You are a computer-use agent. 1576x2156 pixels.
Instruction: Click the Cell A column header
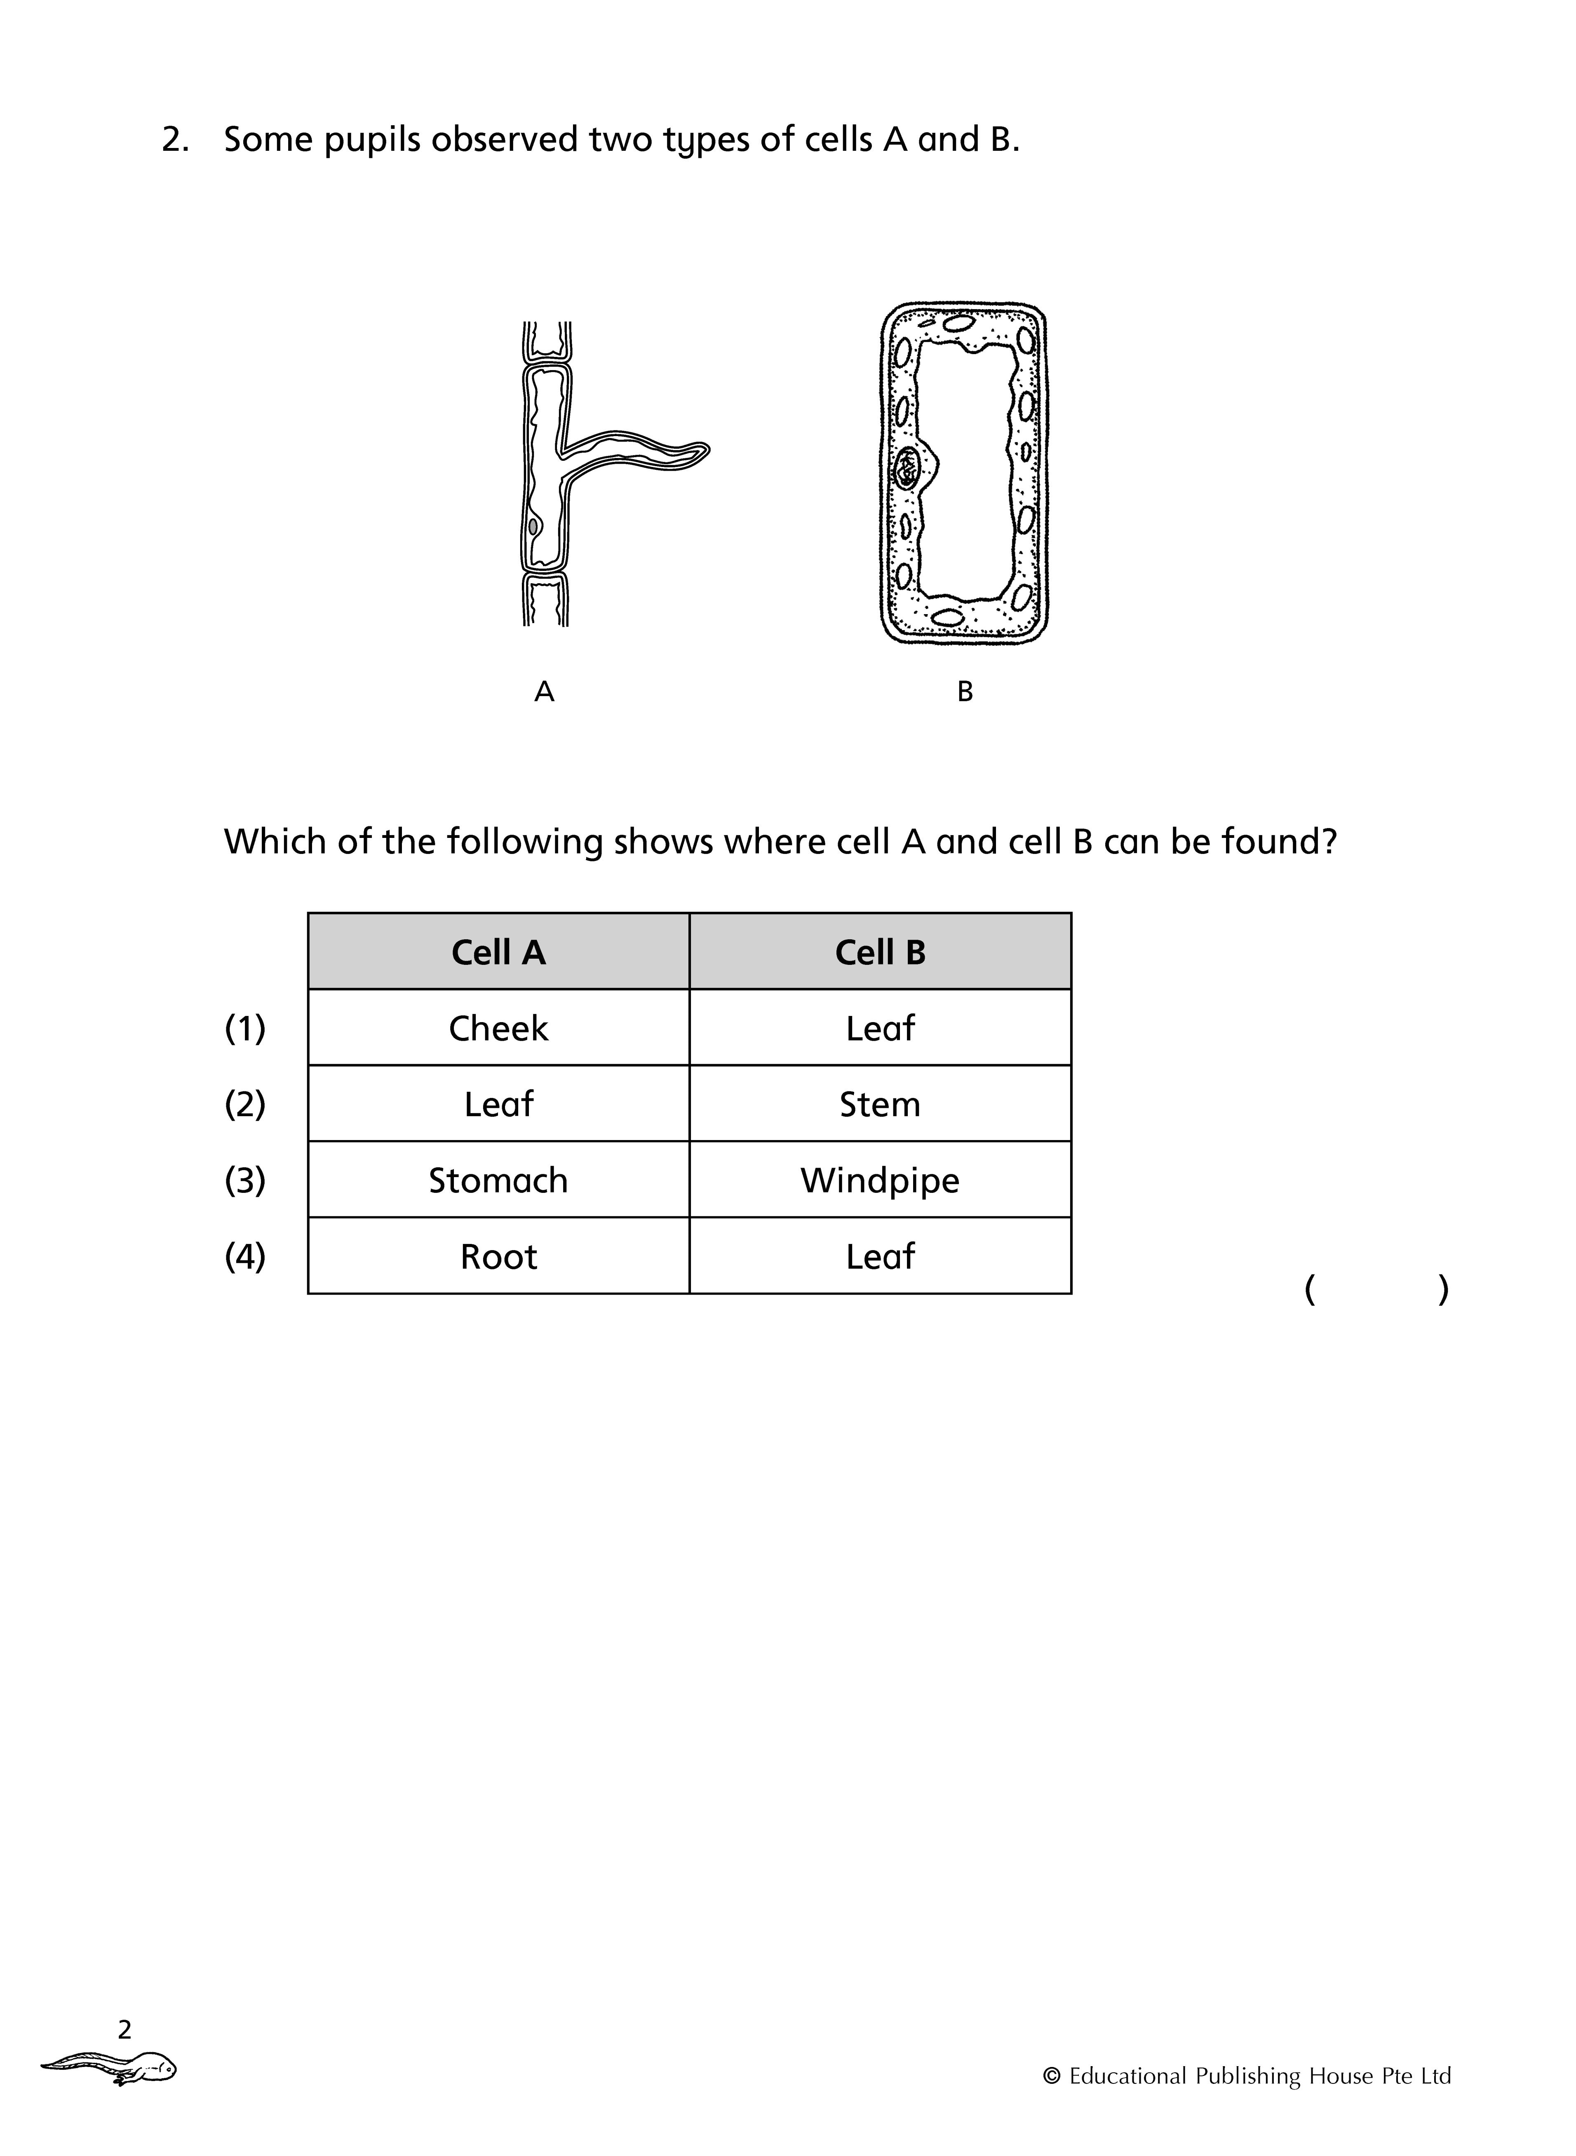(498, 952)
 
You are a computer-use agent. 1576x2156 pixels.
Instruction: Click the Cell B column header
(880, 952)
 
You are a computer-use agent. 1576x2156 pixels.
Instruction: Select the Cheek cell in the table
(498, 1028)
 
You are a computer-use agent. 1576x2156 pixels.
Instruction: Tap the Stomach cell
(498, 1180)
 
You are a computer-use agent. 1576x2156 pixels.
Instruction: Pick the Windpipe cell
(880, 1180)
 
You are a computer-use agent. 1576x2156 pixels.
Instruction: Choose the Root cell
(498, 1257)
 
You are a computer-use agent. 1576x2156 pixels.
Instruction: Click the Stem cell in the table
(880, 1104)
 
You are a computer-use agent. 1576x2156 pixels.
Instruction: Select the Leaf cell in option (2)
(498, 1104)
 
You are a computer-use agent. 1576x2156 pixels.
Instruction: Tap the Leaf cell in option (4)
(880, 1257)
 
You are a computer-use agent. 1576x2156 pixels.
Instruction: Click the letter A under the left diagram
(544, 691)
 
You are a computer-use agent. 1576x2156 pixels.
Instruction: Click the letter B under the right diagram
(965, 691)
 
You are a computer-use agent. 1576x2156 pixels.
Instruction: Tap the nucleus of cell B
(906, 468)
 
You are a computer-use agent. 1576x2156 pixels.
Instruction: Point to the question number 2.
(174, 140)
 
